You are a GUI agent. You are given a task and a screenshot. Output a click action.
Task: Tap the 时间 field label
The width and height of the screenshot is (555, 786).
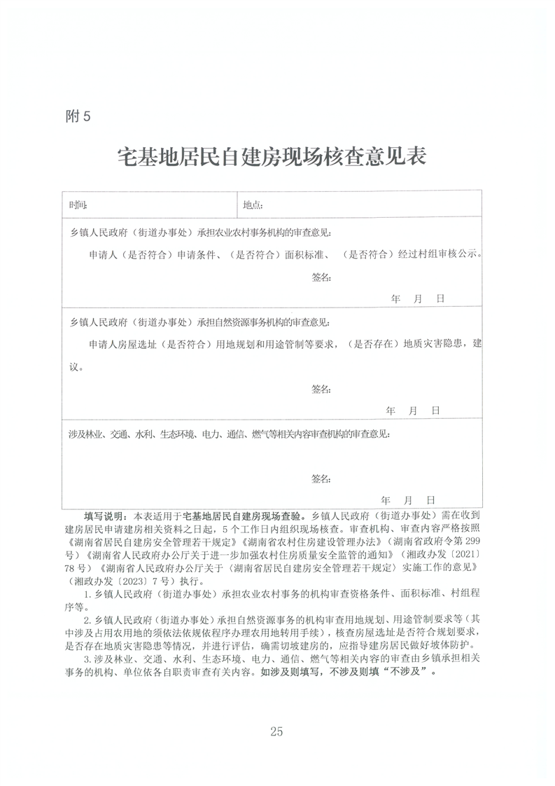point(78,205)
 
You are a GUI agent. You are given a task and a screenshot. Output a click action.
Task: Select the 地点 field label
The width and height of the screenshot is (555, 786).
point(253,205)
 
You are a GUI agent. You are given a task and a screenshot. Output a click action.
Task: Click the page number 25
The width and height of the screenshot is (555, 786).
point(276,731)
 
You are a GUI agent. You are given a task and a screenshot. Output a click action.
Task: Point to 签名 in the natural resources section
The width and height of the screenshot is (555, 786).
point(321,389)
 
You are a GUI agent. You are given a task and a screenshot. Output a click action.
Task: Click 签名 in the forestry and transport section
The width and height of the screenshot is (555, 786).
point(321,478)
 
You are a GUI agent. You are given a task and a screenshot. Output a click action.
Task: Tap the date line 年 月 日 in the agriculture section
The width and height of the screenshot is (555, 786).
point(418,298)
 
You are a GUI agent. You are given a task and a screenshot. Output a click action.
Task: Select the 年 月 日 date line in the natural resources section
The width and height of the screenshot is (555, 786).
point(412,411)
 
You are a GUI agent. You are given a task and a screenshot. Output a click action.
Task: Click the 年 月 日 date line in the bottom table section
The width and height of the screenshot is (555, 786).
point(408,500)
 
